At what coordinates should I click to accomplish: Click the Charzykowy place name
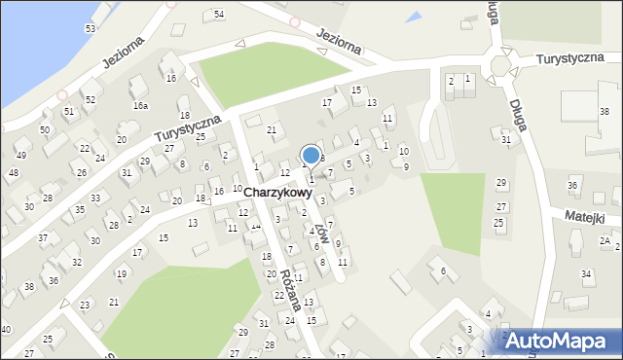pyautogui.click(x=278, y=193)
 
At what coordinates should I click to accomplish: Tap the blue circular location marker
pyautogui.click(x=311, y=155)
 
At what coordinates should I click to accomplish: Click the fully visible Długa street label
pyautogui.click(x=519, y=114)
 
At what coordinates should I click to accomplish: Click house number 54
pyautogui.click(x=219, y=14)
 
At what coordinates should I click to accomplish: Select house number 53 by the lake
pyautogui.click(x=91, y=28)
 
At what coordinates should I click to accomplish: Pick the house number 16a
pyautogui.click(x=140, y=105)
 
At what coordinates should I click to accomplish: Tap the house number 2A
pyautogui.click(x=605, y=240)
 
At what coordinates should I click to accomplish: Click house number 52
pyautogui.click(x=90, y=99)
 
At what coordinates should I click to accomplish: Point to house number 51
pyautogui.click(x=69, y=111)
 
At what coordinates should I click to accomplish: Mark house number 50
pyautogui.click(x=45, y=129)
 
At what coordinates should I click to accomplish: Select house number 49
pyautogui.click(x=20, y=155)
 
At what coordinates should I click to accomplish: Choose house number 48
pyautogui.click(x=13, y=173)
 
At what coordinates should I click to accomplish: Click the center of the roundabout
pyautogui.click(x=500, y=64)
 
